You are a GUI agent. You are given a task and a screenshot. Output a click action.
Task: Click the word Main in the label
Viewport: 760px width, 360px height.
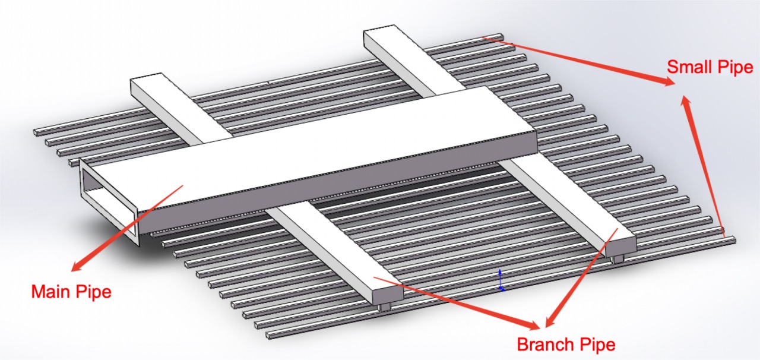pyautogui.click(x=50, y=292)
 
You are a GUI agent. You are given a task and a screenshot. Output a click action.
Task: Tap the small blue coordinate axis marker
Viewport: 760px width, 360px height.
pyautogui.click(x=500, y=280)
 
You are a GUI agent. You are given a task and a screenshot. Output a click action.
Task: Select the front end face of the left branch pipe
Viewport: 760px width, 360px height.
pyautogui.click(x=388, y=294)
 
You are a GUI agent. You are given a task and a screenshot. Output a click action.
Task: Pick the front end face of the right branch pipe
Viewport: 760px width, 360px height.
pyautogui.click(x=621, y=245)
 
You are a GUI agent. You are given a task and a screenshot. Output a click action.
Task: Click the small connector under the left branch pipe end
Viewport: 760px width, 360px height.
pyautogui.click(x=384, y=307)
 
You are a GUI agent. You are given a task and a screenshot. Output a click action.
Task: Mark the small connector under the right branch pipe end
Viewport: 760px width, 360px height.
pyautogui.click(x=617, y=260)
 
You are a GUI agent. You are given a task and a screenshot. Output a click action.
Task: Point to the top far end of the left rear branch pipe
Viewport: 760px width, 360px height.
pyautogui.click(x=146, y=76)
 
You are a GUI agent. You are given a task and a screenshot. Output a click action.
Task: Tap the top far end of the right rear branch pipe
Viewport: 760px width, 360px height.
pyautogui.click(x=379, y=28)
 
